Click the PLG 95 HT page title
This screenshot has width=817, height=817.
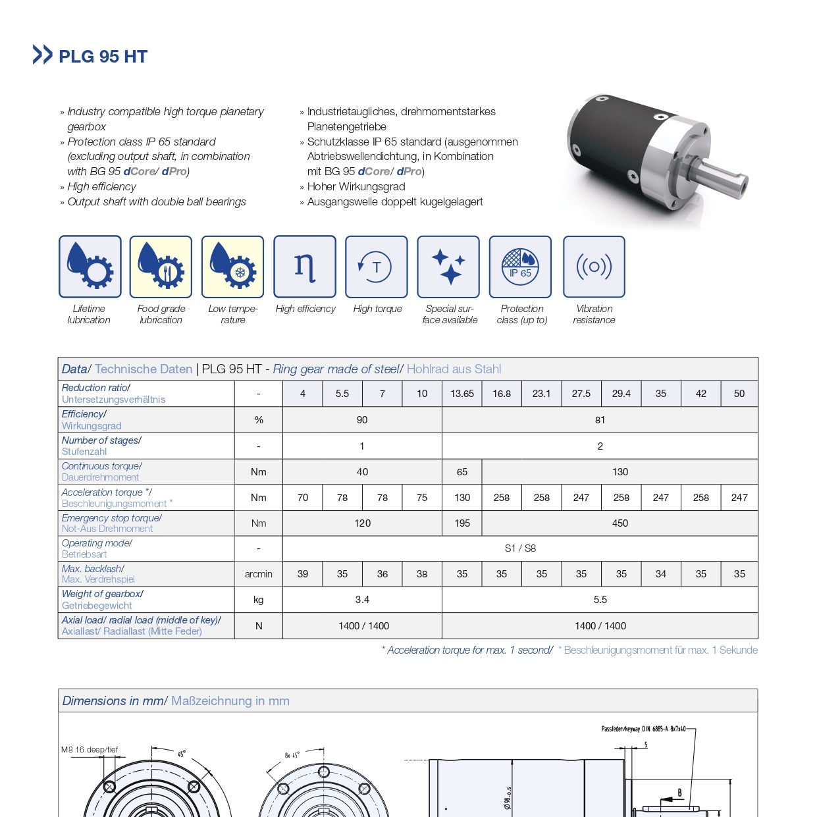[103, 57]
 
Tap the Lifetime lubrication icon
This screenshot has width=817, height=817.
[90, 267]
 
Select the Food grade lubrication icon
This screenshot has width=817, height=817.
[161, 267]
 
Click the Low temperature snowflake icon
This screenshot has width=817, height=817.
[232, 267]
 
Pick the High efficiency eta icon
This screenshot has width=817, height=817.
[305, 267]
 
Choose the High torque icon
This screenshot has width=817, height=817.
[377, 267]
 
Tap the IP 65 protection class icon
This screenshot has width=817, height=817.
[520, 267]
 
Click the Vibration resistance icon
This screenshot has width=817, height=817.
[594, 267]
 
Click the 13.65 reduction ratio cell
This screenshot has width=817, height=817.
[461, 394]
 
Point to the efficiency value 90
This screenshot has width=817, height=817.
[362, 420]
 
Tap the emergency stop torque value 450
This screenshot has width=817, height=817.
[619, 523]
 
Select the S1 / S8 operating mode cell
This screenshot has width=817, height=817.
[520, 548]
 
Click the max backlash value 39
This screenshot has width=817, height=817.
[303, 574]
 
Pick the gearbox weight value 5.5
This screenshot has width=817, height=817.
[600, 600]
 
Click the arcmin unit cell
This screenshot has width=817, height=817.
[258, 574]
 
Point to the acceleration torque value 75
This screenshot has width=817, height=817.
[422, 498]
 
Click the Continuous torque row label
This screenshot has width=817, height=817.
[101, 471]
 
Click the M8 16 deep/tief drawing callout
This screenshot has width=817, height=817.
[90, 750]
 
